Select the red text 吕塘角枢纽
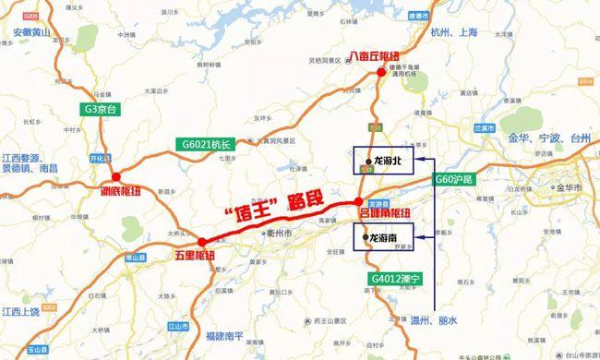[382, 212]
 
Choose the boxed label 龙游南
[381, 237]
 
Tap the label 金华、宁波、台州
[540, 138]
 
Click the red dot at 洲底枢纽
[115, 176]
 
